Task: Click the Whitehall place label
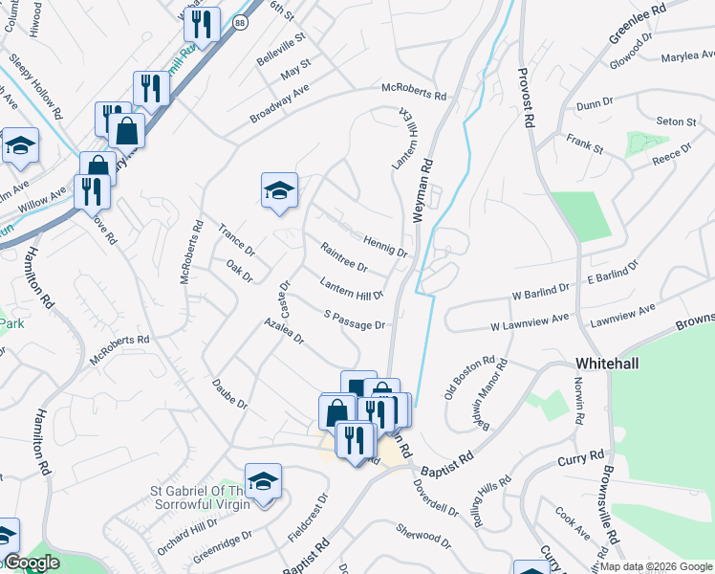coord(612,364)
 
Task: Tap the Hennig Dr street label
coord(385,247)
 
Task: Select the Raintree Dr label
coord(344,257)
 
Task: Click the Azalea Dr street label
coord(285,332)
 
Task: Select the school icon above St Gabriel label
coord(263,480)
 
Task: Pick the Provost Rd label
coord(524,98)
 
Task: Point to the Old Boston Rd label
coord(469,380)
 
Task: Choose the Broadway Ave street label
coord(280,103)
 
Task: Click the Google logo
coord(32,563)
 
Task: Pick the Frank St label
coord(584,144)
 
